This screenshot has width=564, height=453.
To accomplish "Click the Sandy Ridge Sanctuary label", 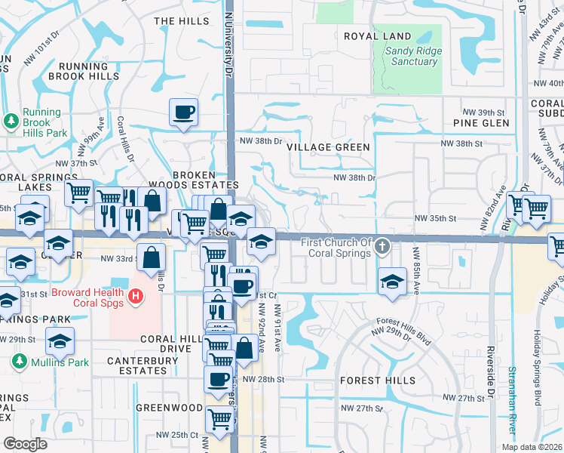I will pyautogui.click(x=413, y=56).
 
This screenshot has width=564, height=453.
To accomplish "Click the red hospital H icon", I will pyautogui.click(x=135, y=297).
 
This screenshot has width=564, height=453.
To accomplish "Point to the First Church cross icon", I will pyautogui.click(x=382, y=247).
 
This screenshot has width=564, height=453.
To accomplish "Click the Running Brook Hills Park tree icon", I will pyautogui.click(x=11, y=121).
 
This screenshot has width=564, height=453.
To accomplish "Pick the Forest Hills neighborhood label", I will pyautogui.click(x=378, y=380).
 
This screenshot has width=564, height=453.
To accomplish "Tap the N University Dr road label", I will pyautogui.click(x=228, y=38).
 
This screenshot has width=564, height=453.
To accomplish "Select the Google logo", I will pyautogui.click(x=26, y=443).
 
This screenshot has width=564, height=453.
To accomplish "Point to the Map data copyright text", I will pyautogui.click(x=532, y=446).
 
